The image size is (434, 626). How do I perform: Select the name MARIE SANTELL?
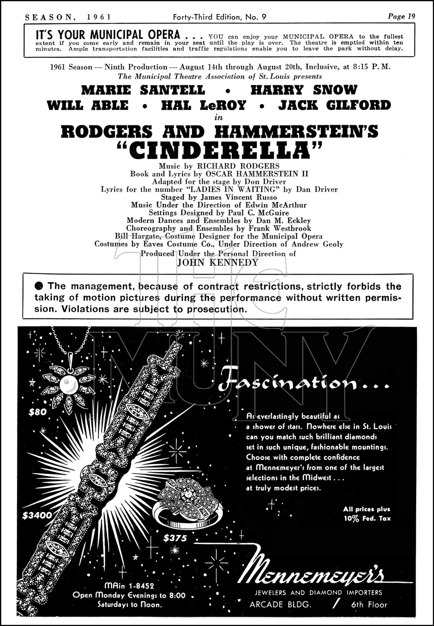click(x=143, y=90)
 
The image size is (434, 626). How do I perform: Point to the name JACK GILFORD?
click(x=334, y=105)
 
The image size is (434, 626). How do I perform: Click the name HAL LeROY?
click(x=203, y=105)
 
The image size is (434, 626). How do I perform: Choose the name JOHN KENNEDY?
click(x=218, y=262)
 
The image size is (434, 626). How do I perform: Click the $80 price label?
click(x=37, y=412)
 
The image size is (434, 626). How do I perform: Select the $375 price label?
click(x=175, y=538)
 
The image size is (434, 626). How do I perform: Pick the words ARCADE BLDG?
click(x=280, y=604)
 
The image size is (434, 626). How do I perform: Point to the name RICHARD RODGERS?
click(x=238, y=166)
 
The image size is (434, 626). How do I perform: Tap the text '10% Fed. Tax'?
click(x=367, y=518)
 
